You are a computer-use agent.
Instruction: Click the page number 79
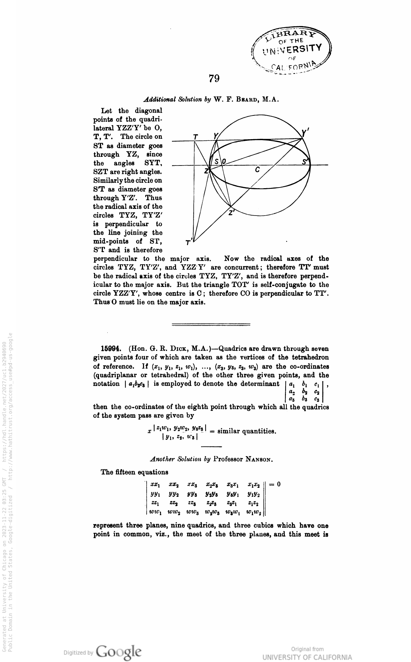click(x=214, y=78)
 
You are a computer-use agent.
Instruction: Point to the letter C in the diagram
click(x=257, y=170)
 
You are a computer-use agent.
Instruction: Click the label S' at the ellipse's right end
click(x=305, y=162)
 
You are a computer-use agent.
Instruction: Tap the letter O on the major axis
click(x=224, y=162)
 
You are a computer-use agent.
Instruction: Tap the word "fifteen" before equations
click(x=125, y=472)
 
